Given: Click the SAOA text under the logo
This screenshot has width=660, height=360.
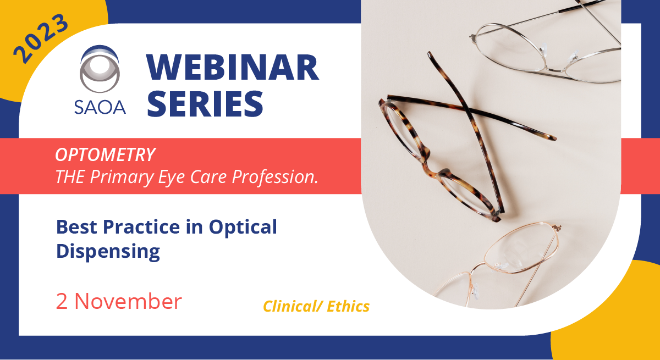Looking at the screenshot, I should pyautogui.click(x=100, y=106).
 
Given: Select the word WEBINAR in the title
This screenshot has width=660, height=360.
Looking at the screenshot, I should pyautogui.click(x=232, y=69).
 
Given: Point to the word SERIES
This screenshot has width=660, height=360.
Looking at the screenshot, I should pyautogui.click(x=205, y=105).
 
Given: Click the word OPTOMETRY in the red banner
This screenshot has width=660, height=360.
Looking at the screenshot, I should pyautogui.click(x=105, y=155).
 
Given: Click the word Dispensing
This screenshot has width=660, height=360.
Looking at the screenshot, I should pyautogui.click(x=108, y=251).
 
